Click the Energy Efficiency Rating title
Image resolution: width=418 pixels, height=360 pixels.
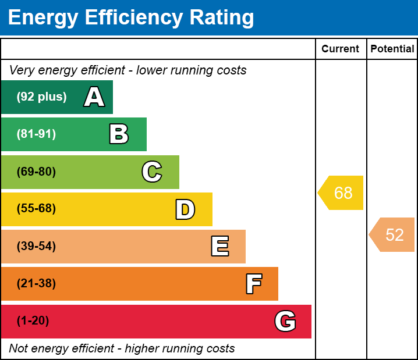[131, 18]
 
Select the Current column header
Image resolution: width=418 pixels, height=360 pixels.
[340, 49]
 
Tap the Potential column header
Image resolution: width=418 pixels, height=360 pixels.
[392, 49]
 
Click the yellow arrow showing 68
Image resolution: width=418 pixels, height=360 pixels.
[341, 193]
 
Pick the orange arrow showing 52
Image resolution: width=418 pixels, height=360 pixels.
[392, 234]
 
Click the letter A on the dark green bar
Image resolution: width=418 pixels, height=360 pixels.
[94, 97]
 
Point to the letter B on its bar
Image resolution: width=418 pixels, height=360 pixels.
[119, 134]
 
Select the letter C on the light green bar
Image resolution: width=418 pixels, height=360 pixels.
[152, 172]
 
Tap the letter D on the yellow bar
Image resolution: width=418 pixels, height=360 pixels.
[185, 209]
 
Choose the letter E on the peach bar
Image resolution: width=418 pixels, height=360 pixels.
[220, 246]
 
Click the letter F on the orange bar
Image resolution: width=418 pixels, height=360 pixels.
[254, 284]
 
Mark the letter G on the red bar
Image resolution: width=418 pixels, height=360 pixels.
[285, 321]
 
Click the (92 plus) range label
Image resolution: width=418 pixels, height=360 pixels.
[41, 97]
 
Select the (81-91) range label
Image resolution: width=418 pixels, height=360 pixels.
[36, 134]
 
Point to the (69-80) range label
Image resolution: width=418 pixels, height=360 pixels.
[36, 172]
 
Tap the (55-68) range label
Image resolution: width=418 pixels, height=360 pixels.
[36, 208]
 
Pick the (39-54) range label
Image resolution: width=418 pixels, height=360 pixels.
[36, 247]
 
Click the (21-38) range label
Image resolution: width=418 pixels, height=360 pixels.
[36, 284]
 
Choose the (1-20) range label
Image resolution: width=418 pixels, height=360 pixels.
[33, 321]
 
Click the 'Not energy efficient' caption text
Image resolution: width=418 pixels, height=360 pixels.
[122, 348]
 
